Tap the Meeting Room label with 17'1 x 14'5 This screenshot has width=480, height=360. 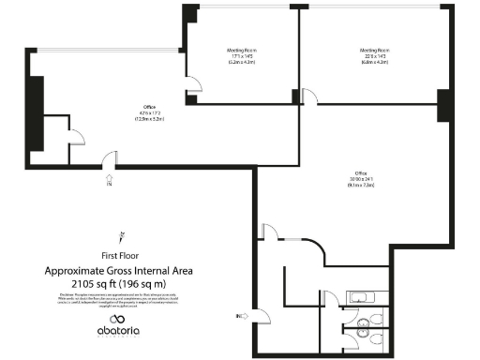pos(242,55)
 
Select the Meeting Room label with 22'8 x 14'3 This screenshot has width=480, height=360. pos(375,55)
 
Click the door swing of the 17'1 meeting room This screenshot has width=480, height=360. pos(192,86)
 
